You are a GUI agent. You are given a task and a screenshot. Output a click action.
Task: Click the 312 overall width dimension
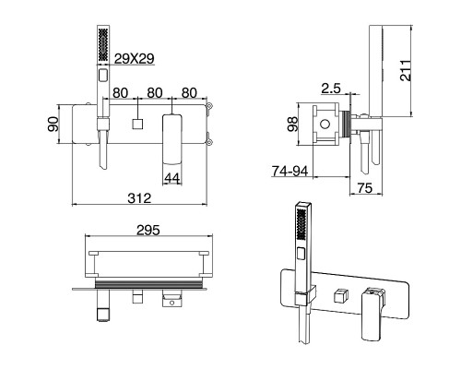pos(139,198)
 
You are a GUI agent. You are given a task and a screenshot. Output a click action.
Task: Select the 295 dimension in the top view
pos(148,230)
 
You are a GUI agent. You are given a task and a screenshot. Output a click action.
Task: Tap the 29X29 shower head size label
pos(134,59)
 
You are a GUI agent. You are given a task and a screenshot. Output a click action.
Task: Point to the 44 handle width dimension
pos(172,178)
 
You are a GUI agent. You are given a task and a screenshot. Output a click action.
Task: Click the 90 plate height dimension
pos(53,124)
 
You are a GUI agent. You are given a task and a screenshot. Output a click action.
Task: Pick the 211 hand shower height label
pos(406,70)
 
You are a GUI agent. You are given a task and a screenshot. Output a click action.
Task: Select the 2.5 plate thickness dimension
pos(331,89)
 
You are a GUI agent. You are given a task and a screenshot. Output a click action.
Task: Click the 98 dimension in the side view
pos(293,124)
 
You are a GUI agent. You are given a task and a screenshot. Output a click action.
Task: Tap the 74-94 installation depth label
pos(290,172)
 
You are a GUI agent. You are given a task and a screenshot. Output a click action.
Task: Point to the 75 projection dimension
pos(365,188)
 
